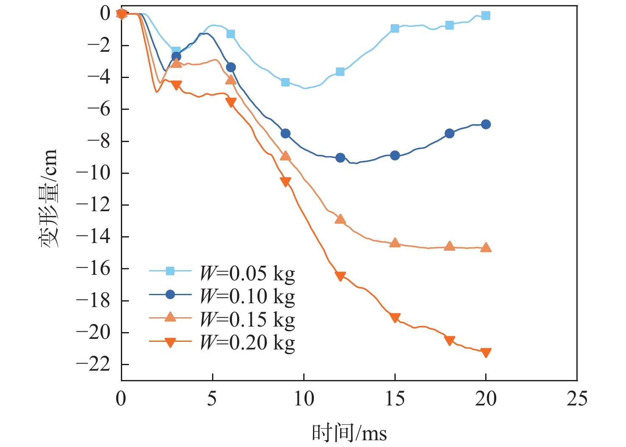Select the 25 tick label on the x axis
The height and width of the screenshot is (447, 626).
577,399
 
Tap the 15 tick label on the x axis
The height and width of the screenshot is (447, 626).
395,399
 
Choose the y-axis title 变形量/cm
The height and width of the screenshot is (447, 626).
48,198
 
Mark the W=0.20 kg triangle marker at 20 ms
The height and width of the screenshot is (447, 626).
486,352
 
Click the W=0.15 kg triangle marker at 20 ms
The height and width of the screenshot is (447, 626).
486,247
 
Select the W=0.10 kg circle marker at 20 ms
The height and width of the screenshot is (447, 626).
486,124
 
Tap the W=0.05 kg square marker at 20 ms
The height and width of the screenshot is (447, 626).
486,16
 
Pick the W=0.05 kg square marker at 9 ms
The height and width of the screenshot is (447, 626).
285,82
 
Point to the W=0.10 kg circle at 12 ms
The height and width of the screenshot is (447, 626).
340,158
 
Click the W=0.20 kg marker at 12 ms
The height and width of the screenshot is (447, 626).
340,276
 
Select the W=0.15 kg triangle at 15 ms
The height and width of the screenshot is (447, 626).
395,243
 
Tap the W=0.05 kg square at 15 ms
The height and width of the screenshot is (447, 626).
395,28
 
